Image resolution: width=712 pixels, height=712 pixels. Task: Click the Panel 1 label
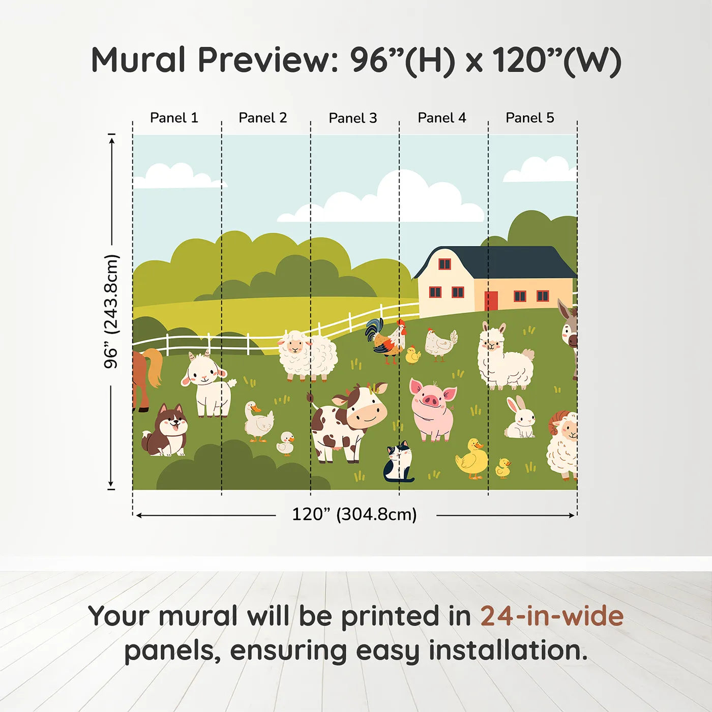click(174, 118)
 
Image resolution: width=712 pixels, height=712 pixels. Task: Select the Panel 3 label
click(353, 118)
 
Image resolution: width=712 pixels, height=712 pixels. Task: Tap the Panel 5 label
click(530, 118)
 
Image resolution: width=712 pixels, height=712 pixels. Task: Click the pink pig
click(433, 410)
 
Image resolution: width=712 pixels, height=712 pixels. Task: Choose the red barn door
click(491, 301)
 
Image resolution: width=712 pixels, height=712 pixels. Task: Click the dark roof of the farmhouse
click(497, 262)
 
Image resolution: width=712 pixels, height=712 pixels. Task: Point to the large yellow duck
click(472, 459)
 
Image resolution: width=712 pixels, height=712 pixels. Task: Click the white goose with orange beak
click(258, 422)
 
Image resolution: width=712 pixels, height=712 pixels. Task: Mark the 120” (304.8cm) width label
click(354, 514)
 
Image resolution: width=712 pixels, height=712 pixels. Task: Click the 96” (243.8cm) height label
click(111, 311)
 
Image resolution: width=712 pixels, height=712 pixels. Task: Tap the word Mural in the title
click(138, 60)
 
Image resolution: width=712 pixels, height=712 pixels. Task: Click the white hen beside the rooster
click(441, 344)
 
